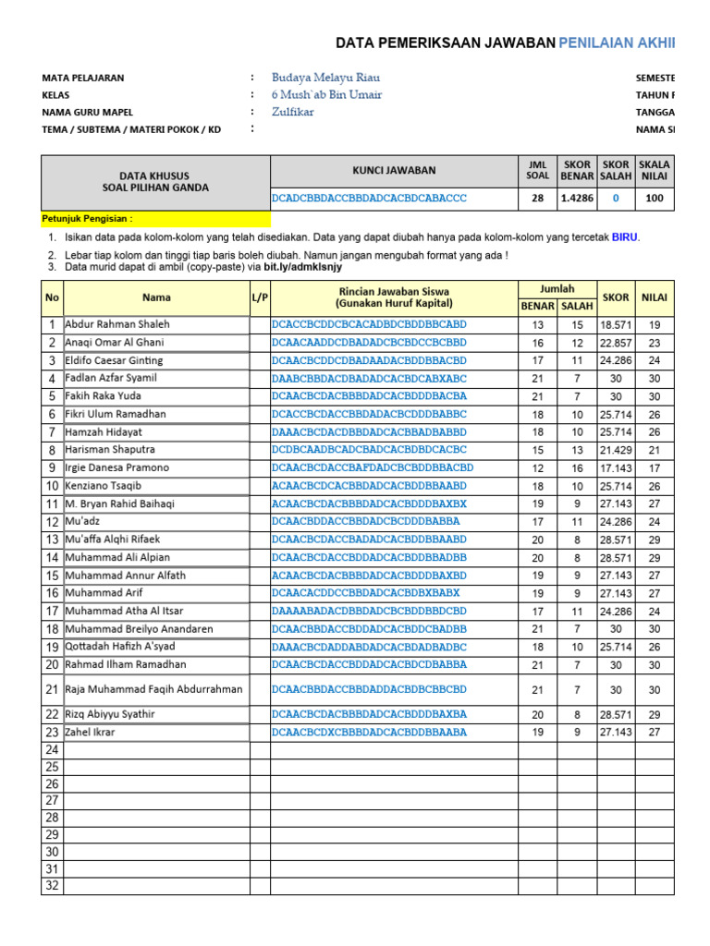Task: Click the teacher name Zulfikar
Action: (x=293, y=112)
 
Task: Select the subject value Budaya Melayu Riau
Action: (x=325, y=78)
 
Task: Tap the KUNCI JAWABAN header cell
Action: (x=394, y=170)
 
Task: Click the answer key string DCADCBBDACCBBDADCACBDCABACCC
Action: (x=369, y=199)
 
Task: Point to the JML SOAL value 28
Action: (x=537, y=199)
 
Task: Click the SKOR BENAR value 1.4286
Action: (x=577, y=199)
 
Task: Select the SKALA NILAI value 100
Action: (x=655, y=199)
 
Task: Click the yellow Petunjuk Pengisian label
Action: (x=88, y=219)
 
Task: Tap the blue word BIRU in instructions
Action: (x=625, y=237)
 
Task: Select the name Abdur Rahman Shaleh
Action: (x=117, y=324)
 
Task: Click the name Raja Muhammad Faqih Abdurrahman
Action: (x=154, y=689)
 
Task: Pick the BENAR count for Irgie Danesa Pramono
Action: (x=537, y=468)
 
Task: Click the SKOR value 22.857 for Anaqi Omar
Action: (x=616, y=343)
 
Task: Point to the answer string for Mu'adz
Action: (x=366, y=521)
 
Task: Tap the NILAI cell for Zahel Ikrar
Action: (x=655, y=733)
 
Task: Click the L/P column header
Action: (x=260, y=297)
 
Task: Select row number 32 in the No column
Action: (x=52, y=887)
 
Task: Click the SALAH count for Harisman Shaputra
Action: (x=577, y=450)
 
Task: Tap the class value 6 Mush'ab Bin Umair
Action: (x=326, y=95)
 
